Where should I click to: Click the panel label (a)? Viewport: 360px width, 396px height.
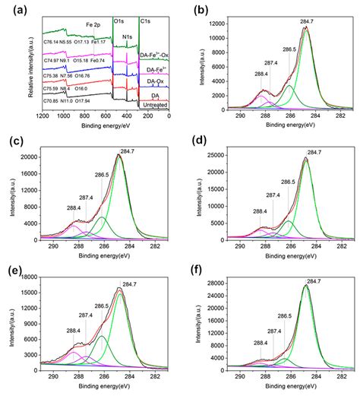[x=13, y=9]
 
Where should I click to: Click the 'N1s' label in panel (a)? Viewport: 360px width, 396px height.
[x=130, y=35]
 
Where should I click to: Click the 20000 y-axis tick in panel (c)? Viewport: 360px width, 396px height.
[x=33, y=157]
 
